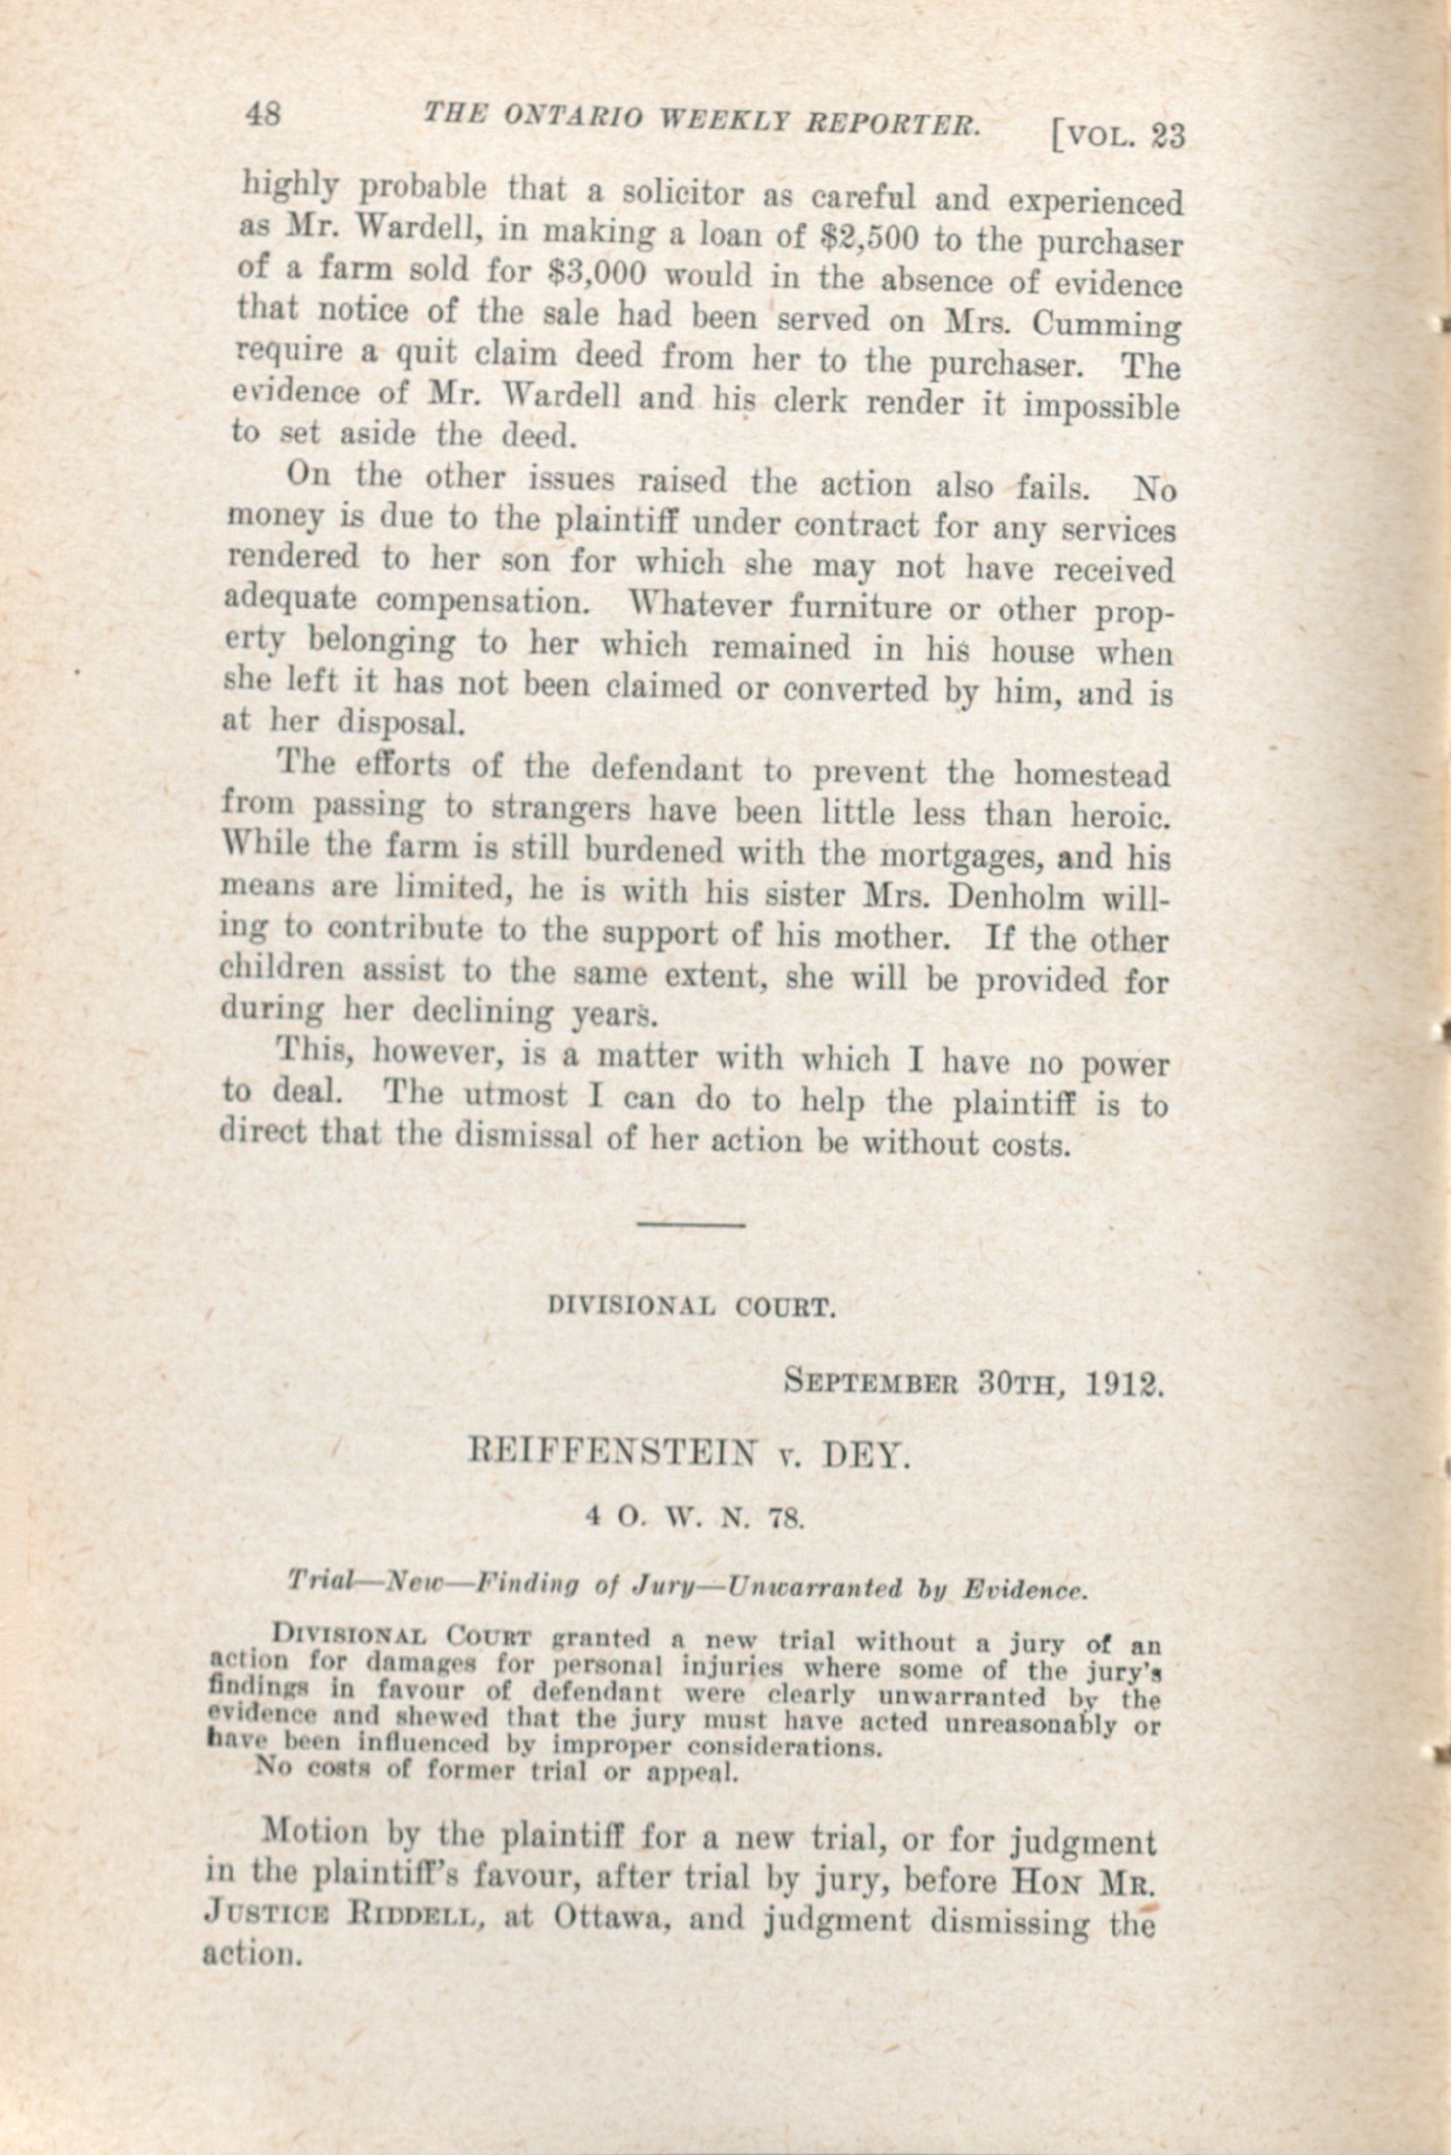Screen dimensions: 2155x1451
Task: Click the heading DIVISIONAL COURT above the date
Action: coord(692,1309)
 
